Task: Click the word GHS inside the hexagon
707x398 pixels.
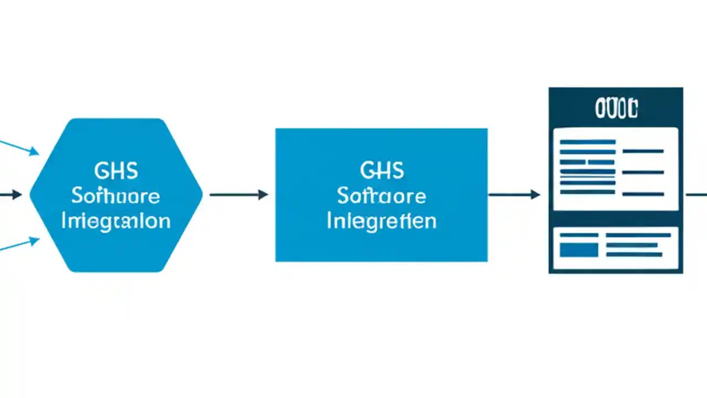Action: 116,171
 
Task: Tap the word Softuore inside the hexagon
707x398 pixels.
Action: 116,196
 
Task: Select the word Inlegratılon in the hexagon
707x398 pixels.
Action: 116,221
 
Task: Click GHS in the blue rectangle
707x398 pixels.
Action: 382,171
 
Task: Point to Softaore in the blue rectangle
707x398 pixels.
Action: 382,196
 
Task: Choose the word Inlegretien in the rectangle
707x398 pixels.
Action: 382,221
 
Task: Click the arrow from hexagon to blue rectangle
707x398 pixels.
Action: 239,195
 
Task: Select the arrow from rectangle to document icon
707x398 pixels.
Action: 514,195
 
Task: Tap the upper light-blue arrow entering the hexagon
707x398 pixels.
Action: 19,147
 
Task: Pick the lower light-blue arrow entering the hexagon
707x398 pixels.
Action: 19,245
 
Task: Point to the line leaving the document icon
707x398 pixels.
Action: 696,195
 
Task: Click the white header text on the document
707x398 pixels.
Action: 616,109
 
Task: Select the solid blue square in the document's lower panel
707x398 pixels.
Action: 579,250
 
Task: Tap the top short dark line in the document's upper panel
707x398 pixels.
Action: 643,151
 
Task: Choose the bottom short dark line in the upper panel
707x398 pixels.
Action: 643,194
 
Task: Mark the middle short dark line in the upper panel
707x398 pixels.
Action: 643,172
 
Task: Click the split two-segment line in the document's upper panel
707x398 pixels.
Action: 587,162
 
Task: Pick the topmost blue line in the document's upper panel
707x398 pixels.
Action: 587,142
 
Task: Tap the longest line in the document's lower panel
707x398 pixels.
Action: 638,235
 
